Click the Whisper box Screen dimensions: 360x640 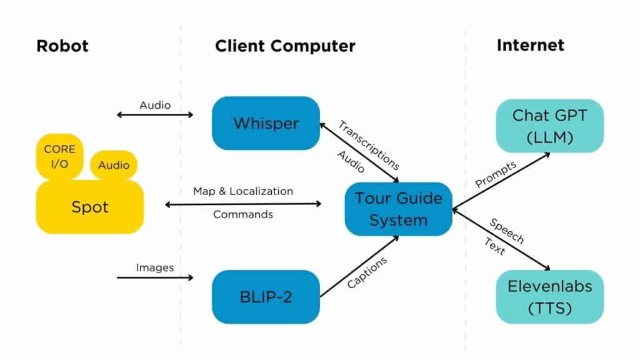click(x=266, y=123)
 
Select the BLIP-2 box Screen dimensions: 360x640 click(x=266, y=297)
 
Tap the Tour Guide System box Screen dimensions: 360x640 click(x=398, y=209)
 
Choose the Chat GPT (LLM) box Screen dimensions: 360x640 click(x=549, y=126)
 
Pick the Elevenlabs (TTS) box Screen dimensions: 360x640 click(x=549, y=297)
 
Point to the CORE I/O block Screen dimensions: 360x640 click(x=59, y=156)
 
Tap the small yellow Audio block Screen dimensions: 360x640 click(x=114, y=165)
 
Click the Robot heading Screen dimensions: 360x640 click(x=62, y=46)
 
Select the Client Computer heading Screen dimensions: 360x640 click(x=285, y=46)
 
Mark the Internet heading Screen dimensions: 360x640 click(x=530, y=45)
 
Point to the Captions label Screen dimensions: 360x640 click(x=367, y=272)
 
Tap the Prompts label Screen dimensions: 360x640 click(x=496, y=174)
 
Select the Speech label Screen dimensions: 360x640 click(x=506, y=231)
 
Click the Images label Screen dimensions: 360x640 click(x=154, y=267)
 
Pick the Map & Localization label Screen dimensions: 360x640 click(x=242, y=191)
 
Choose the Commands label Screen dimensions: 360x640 click(x=242, y=214)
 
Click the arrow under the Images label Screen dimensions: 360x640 click(x=156, y=277)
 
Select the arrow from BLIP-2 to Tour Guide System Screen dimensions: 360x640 click(x=359, y=266)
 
